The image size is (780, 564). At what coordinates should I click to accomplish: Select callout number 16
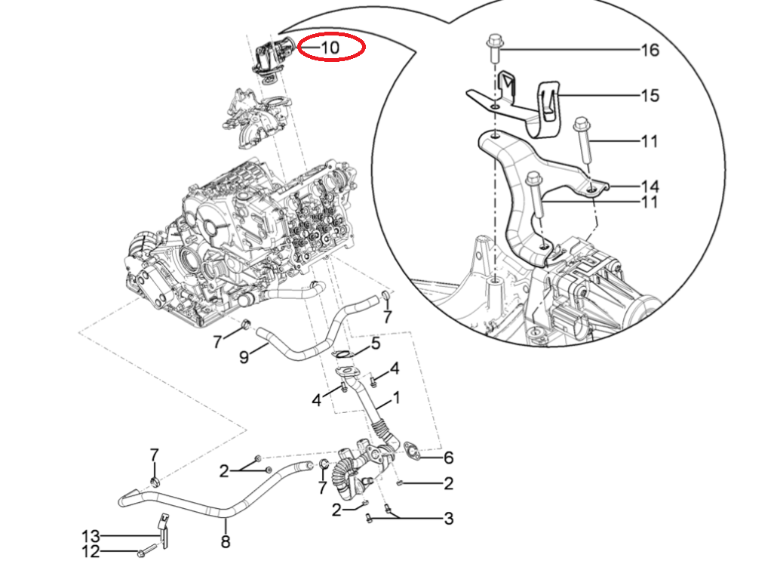tap(649, 51)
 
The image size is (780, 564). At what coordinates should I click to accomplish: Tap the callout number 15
tap(649, 96)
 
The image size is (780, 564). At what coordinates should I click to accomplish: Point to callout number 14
tap(649, 186)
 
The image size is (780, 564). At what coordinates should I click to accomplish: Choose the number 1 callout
tap(396, 397)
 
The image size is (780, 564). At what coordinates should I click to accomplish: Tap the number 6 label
tap(448, 458)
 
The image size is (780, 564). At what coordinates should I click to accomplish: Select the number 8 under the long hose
tap(225, 541)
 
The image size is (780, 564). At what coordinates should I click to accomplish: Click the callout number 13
tap(91, 536)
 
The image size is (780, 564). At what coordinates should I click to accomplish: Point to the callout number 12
tap(91, 552)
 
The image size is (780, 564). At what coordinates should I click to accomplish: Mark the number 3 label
tap(448, 519)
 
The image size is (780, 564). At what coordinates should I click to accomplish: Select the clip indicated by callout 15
tap(551, 106)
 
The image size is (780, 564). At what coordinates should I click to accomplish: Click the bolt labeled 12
tap(148, 549)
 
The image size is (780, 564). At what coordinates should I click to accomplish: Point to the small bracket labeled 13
tap(163, 530)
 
